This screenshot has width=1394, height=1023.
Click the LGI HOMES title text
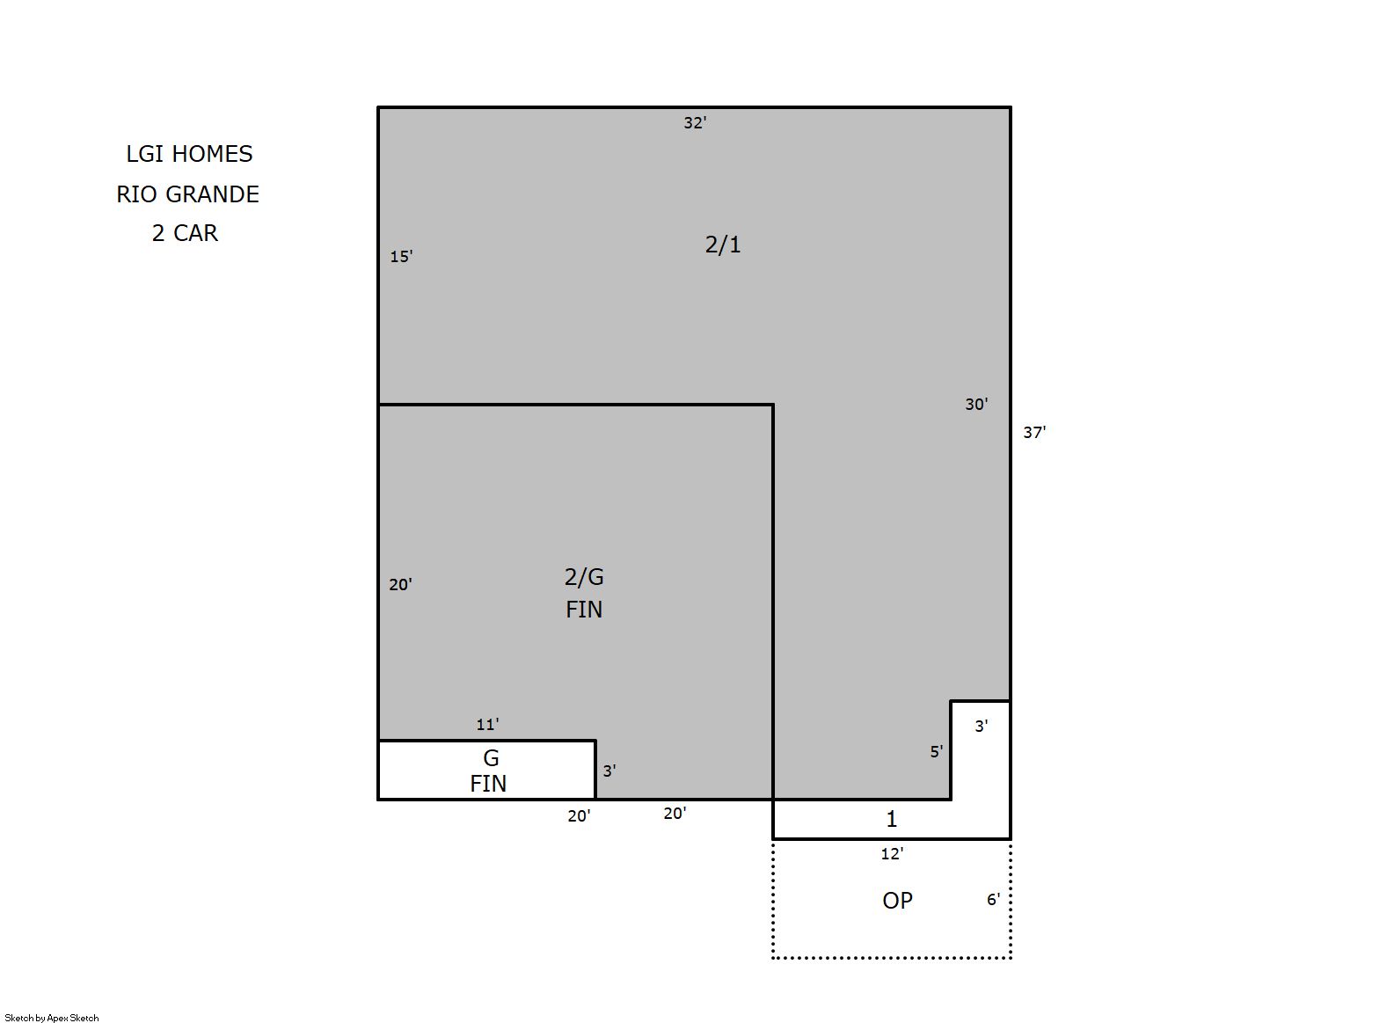tap(189, 154)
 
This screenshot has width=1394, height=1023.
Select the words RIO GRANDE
tap(187, 194)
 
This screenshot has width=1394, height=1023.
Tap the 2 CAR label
tap(185, 233)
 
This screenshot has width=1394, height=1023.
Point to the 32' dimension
tap(695, 122)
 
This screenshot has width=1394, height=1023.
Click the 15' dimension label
tap(401, 256)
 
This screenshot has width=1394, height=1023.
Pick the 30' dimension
tap(976, 404)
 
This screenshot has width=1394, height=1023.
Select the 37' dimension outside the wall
tap(1035, 432)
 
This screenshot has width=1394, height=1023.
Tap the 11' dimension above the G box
tap(488, 724)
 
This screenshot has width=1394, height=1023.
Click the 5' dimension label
tap(937, 752)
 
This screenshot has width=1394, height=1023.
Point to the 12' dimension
tap(893, 854)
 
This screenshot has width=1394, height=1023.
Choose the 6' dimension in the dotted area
tap(994, 899)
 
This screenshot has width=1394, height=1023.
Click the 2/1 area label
tap(723, 245)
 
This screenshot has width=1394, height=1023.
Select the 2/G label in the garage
tap(584, 577)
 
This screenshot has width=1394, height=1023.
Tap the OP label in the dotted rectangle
tap(897, 901)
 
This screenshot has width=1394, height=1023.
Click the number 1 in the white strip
tap(892, 819)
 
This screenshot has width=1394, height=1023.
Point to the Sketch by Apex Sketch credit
tap(52, 1018)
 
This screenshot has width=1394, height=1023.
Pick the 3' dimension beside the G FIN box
tap(609, 771)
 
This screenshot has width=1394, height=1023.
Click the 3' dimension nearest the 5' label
tap(982, 726)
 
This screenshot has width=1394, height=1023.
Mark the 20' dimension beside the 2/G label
tap(401, 584)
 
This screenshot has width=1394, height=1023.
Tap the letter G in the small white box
tap(491, 758)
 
